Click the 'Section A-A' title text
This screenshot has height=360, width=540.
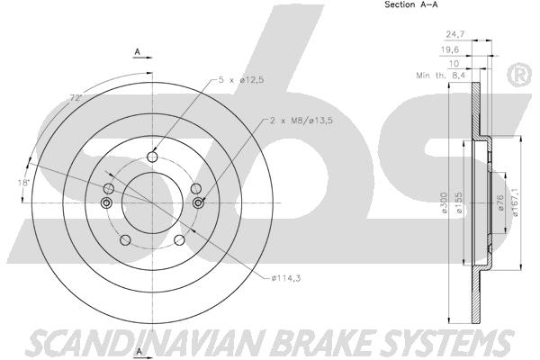click(411, 4)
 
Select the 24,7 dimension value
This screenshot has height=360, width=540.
click(455, 34)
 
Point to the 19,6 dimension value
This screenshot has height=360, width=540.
click(450, 50)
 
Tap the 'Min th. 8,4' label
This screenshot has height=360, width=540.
click(440, 75)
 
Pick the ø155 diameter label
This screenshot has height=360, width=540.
click(458, 202)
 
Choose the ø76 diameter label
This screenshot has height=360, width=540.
click(500, 202)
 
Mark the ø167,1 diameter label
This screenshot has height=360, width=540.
click(516, 202)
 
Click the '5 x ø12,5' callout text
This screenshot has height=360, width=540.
click(241, 80)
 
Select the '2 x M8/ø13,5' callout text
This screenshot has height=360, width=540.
click(301, 121)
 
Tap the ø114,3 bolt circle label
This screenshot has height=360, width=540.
click(286, 278)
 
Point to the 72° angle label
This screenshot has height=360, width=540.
click(76, 98)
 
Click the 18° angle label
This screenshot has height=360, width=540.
click(24, 183)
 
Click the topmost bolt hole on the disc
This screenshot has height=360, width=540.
click(152, 157)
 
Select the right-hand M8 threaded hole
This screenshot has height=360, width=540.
click(198, 203)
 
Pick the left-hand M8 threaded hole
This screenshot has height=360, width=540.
click(106, 203)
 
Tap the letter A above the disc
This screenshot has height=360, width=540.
click(138, 52)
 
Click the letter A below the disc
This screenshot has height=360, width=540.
click(139, 351)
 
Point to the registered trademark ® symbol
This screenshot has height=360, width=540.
click(518, 76)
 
